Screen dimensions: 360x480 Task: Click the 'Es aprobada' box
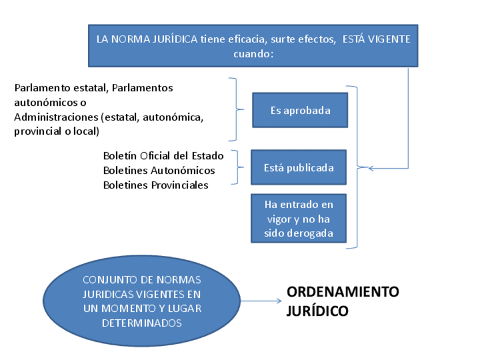click(x=299, y=110)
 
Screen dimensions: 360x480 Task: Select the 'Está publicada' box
click(x=298, y=168)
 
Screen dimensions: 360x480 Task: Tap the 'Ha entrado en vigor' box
click(x=298, y=218)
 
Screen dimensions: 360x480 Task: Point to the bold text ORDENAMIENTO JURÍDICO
click(x=342, y=301)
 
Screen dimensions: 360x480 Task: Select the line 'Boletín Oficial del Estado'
click(x=163, y=156)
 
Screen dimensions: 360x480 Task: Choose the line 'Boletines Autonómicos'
click(x=159, y=170)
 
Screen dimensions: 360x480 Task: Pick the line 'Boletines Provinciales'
click(x=156, y=185)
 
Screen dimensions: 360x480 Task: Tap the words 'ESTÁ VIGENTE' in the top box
click(x=376, y=40)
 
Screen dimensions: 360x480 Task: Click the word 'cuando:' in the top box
click(x=253, y=54)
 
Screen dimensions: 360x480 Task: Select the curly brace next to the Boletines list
click(x=238, y=167)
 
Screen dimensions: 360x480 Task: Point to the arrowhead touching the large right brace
click(x=371, y=168)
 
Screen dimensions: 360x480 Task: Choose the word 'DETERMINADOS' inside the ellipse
click(x=142, y=323)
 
